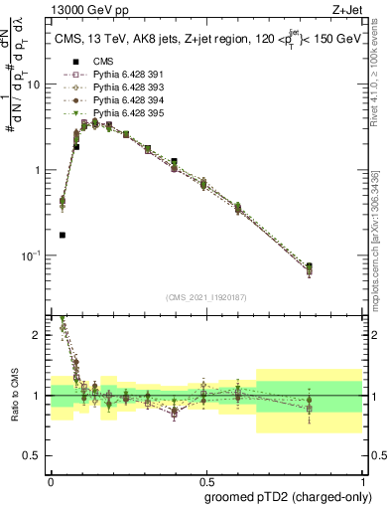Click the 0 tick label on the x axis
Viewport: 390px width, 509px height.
pyautogui.click(x=51, y=478)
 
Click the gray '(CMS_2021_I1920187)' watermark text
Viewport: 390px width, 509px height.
pyautogui.click(x=206, y=296)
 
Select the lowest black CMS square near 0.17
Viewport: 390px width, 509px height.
pyautogui.click(x=63, y=236)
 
